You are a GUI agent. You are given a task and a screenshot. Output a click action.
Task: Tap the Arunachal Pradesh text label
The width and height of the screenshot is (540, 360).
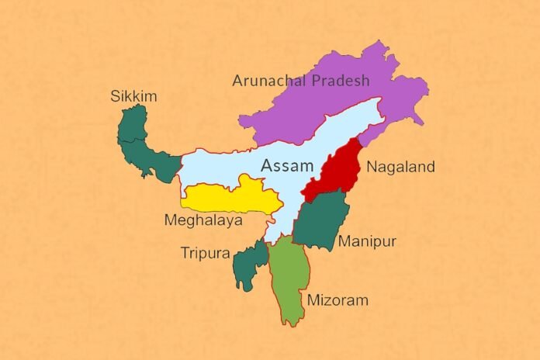click(x=300, y=81)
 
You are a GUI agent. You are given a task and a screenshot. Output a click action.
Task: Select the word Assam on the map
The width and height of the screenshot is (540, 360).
click(x=286, y=166)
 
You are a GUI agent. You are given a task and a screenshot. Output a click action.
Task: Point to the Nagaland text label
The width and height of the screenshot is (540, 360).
click(x=401, y=167)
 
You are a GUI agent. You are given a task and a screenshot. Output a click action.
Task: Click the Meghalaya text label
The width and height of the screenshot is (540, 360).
click(x=203, y=220)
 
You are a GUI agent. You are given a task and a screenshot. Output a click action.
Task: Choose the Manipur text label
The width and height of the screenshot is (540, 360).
click(x=367, y=242)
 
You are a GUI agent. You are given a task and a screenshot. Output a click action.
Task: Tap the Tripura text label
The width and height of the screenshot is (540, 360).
click(x=206, y=254)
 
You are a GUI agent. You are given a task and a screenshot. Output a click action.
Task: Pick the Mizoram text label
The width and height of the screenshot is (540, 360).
click(x=338, y=299)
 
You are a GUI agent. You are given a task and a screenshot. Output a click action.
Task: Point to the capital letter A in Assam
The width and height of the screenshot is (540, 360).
click(x=268, y=166)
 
